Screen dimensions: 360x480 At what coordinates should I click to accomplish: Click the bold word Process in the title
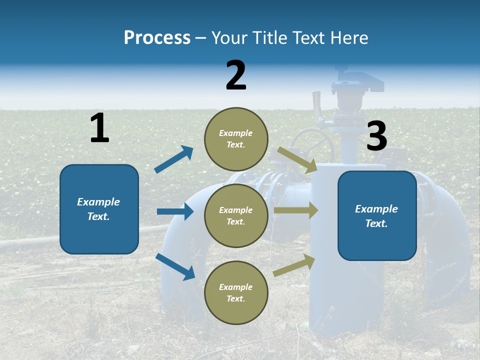point(157,37)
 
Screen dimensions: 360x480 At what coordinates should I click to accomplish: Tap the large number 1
point(99,128)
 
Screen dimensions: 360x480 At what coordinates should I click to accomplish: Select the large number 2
point(236,75)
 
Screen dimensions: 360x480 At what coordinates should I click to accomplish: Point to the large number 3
point(376,136)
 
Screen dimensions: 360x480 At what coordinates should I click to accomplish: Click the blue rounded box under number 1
point(99,209)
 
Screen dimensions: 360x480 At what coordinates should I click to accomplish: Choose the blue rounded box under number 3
point(377,215)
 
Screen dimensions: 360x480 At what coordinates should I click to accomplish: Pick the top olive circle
point(236,139)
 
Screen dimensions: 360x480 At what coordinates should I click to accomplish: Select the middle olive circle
point(236,215)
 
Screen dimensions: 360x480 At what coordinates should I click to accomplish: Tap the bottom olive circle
point(236,292)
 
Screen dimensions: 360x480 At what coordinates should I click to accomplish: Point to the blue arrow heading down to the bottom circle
point(175,266)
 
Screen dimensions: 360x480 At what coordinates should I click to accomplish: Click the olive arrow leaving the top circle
point(297,160)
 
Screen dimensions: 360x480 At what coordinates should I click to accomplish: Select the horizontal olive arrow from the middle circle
point(296,210)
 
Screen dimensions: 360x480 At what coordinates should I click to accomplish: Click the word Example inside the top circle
point(235,133)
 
